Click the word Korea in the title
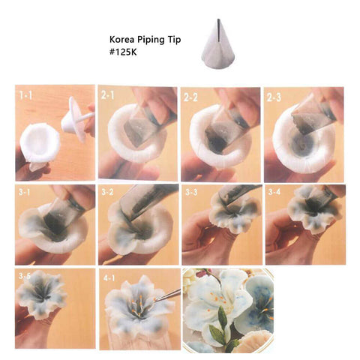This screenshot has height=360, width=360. [120, 40]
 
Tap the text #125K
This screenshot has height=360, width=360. [123, 52]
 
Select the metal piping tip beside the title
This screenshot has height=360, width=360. [218, 43]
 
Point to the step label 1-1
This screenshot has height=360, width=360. [25, 95]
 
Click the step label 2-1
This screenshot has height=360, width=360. [108, 95]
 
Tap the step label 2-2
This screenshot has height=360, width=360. [190, 97]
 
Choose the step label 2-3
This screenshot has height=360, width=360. [274, 97]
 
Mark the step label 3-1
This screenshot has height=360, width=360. [24, 192]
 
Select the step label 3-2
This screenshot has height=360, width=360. [107, 192]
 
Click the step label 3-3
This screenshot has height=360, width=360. [191, 192]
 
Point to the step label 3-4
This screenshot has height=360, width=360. [274, 192]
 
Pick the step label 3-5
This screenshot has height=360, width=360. [25, 276]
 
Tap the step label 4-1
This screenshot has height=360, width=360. [109, 278]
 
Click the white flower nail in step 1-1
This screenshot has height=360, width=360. [77, 118]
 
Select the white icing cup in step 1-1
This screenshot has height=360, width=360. [40, 143]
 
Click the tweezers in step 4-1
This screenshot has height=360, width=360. [167, 295]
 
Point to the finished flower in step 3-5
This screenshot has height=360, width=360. [40, 295]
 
